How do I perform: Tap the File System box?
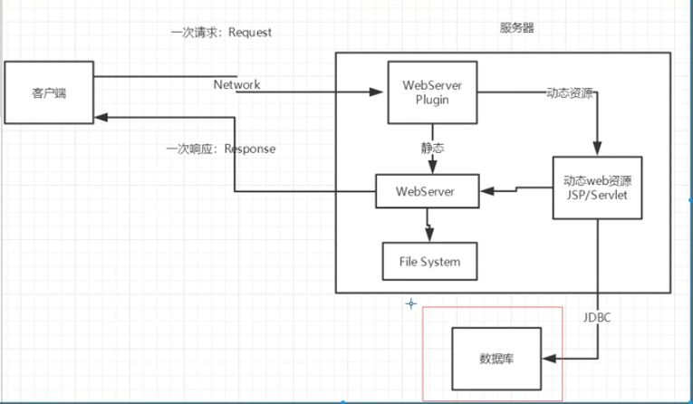pyautogui.click(x=429, y=263)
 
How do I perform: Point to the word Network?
pyautogui.click(x=236, y=84)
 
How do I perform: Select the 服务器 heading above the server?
pyautogui.click(x=516, y=28)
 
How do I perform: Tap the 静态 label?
pyautogui.click(x=432, y=146)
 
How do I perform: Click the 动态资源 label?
pyautogui.click(x=571, y=92)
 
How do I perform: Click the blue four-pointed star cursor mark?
pyautogui.click(x=410, y=303)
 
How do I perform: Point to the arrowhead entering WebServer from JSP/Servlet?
pyautogui.click(x=486, y=191)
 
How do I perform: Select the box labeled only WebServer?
pyautogui.click(x=426, y=191)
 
